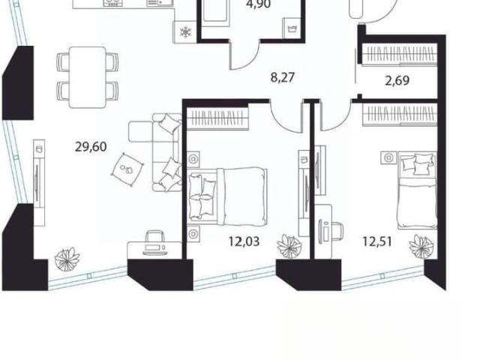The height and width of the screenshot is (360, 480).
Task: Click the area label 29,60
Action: (x=91, y=147)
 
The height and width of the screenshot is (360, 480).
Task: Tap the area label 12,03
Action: (x=244, y=241)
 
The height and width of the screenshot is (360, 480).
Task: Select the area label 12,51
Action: (x=377, y=241)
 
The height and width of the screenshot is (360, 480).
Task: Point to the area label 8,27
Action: (x=283, y=77)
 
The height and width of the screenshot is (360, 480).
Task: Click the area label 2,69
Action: (x=397, y=81)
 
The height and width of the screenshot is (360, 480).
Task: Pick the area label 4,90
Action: (x=259, y=4)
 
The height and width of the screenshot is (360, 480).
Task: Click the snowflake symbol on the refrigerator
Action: (x=185, y=31)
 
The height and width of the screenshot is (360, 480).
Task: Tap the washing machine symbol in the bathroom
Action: (x=291, y=29)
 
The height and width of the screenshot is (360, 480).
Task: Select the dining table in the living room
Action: (x=88, y=77)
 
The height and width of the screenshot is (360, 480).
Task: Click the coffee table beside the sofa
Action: (x=127, y=169)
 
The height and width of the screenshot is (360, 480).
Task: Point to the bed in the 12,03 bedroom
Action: (x=227, y=196)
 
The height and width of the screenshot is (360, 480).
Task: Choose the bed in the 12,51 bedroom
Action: (x=417, y=190)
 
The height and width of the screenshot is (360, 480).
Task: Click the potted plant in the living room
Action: (x=67, y=259)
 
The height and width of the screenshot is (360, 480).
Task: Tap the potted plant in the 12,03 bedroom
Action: (x=289, y=245)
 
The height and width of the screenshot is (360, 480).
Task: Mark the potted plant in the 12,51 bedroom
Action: (x=421, y=246)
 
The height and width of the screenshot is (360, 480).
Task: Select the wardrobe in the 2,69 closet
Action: (x=399, y=55)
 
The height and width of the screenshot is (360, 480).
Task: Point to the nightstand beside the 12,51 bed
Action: (x=389, y=157)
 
